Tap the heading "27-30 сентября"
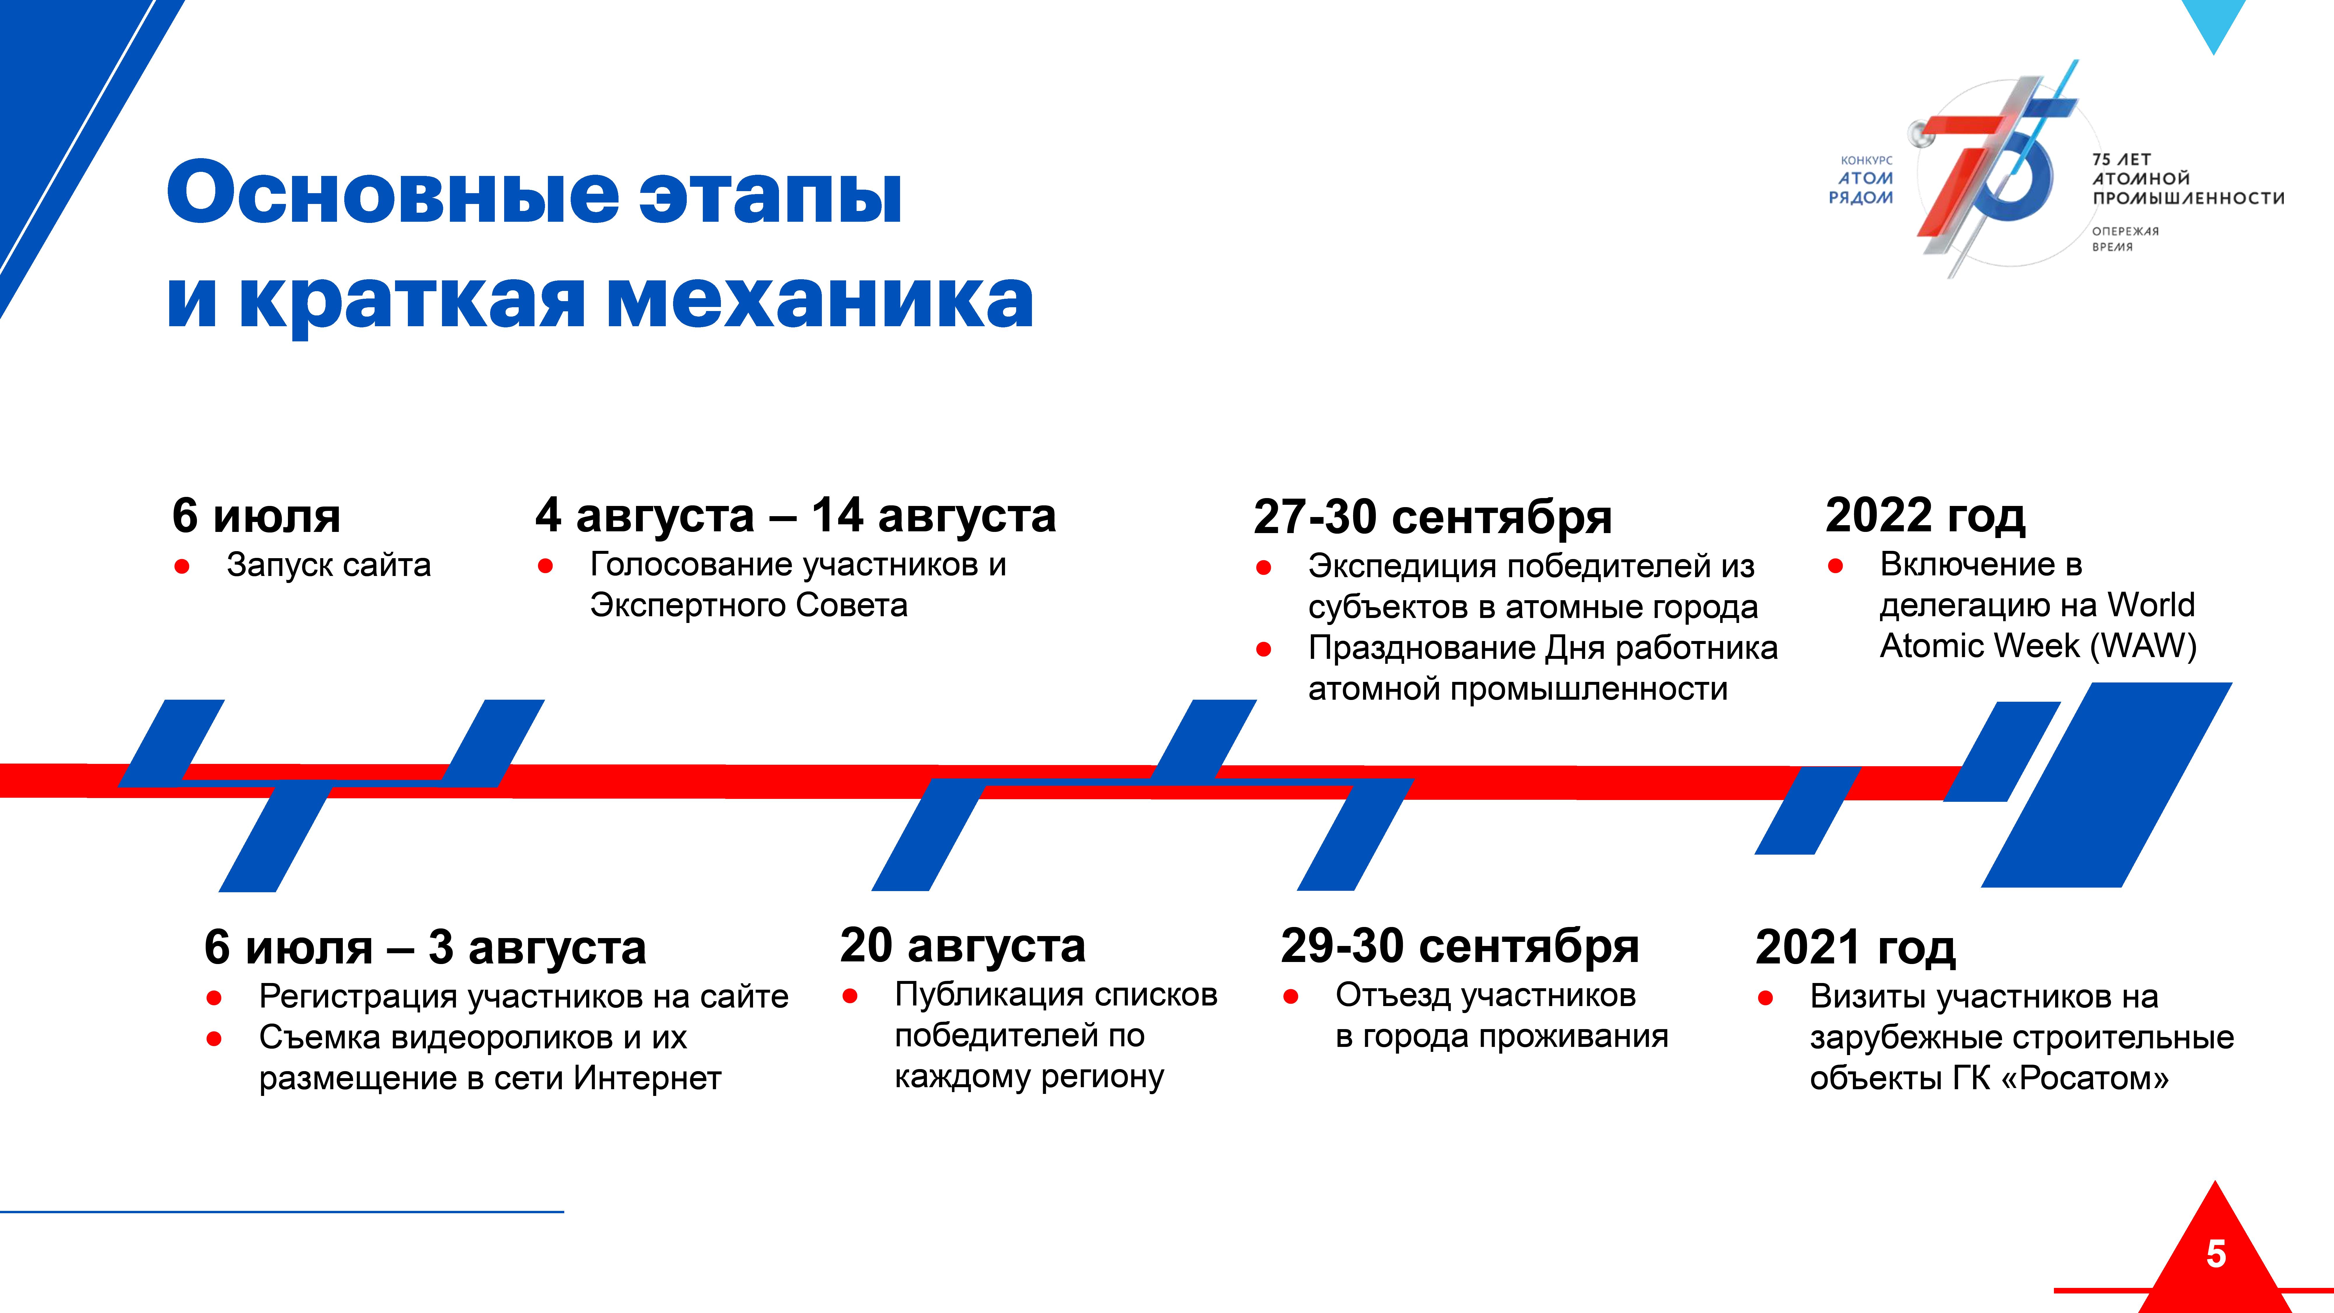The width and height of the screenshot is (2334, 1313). coord(1432,517)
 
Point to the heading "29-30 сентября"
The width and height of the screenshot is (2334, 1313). coord(1460,946)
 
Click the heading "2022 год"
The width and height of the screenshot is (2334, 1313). coord(1925,516)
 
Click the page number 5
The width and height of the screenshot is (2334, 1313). coord(2215,1254)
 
